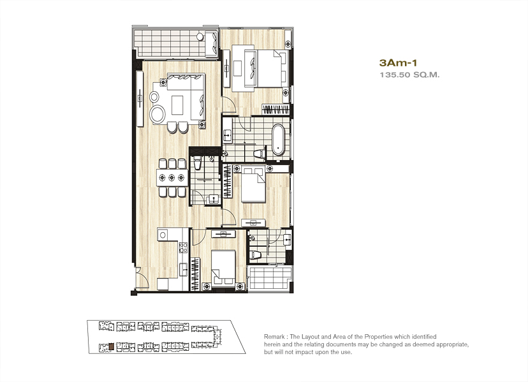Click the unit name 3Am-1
pyautogui.click(x=399, y=62)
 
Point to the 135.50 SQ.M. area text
pyautogui.click(x=409, y=75)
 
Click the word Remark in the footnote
pyautogui.click(x=274, y=337)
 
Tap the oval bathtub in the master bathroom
pyautogui.click(x=278, y=140)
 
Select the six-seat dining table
pyautogui.click(x=172, y=177)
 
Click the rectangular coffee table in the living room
pyautogui.click(x=177, y=105)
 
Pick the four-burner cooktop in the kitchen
pyautogui.click(x=183, y=247)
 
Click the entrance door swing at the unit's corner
pyautogui.click(x=141, y=278)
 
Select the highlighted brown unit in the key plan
pyautogui.click(x=111, y=346)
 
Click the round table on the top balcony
pyautogui.click(x=200, y=36)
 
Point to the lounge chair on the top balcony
pyautogui.click(x=212, y=44)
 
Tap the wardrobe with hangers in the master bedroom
pyautogui.click(x=275, y=110)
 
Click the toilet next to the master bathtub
pyautogui.click(x=260, y=154)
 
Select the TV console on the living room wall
pyautogui.click(x=140, y=98)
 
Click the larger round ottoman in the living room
pyautogui.click(x=158, y=114)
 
